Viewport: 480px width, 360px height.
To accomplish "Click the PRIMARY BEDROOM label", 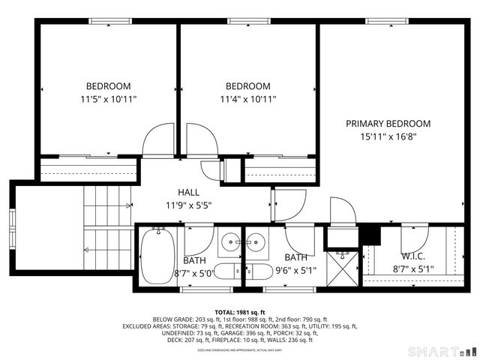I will click(388, 124).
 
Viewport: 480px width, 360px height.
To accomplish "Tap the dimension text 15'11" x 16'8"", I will click(388, 136).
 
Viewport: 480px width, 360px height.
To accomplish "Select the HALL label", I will click(188, 192).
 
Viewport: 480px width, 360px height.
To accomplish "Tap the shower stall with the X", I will click(343, 267).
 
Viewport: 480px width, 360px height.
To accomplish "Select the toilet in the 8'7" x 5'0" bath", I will click(199, 241).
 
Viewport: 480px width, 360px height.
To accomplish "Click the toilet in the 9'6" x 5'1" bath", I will click(259, 271).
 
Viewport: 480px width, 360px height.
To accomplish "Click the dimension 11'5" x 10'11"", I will click(109, 99).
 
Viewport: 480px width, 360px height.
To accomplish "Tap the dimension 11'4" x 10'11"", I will click(248, 99).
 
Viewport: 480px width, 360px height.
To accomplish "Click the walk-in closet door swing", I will click(414, 239).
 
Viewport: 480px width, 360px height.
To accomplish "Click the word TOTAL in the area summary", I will click(228, 312).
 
